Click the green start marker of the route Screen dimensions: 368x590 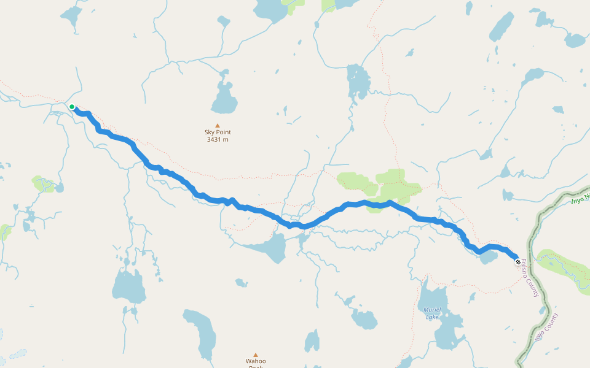click(72, 107)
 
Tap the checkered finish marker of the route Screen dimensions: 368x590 click(518, 262)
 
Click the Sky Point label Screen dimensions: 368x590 click(218, 132)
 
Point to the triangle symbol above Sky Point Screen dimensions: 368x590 click(218, 125)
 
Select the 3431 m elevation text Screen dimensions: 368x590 click(218, 139)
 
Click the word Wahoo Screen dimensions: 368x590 click(256, 361)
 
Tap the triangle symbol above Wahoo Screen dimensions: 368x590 click(256, 355)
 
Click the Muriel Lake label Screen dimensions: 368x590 click(432, 313)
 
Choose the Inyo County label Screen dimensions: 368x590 click(546, 327)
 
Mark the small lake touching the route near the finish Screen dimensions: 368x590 click(489, 257)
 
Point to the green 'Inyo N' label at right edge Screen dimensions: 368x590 click(580, 199)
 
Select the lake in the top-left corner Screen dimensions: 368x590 click(71, 16)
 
